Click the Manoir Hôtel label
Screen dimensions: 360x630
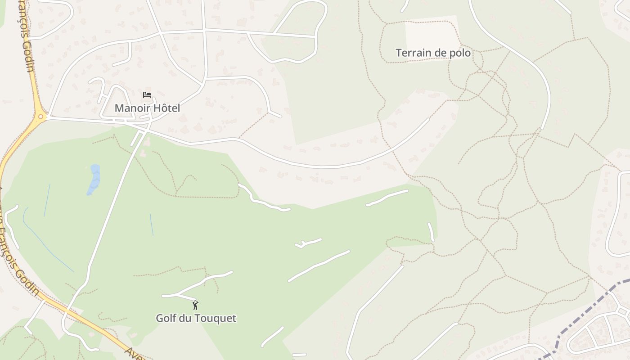[x=147, y=108]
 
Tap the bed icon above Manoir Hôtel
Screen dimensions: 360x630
[x=147, y=95]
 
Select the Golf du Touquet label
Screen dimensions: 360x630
[x=196, y=318]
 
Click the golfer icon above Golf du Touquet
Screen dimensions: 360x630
[x=195, y=306]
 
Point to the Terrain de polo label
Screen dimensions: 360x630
[x=433, y=53]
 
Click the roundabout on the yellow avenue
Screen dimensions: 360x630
[x=40, y=117]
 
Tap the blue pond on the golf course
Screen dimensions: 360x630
[x=94, y=179]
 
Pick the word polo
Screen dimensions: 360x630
[x=460, y=53]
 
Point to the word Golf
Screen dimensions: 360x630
[x=166, y=318]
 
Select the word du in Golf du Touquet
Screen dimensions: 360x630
[x=186, y=318]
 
